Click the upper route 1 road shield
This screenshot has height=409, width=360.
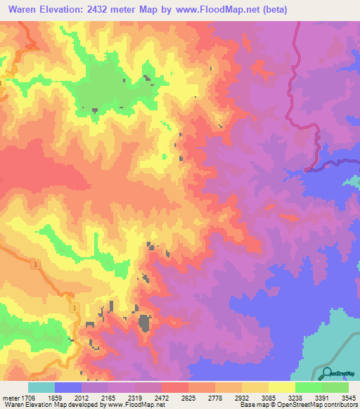pos(34,264)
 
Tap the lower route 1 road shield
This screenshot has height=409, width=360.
pos(72,308)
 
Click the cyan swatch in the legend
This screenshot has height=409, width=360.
pos(41,387)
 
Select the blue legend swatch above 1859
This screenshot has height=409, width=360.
pos(67,387)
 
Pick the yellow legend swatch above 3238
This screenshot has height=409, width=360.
pos(281,387)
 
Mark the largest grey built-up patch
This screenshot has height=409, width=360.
pos(144,323)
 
